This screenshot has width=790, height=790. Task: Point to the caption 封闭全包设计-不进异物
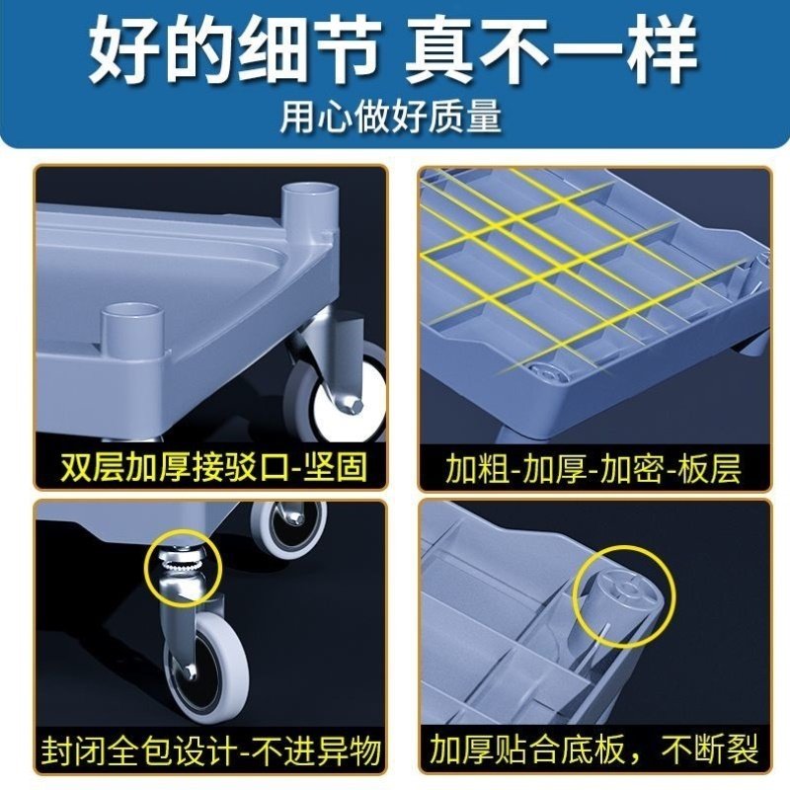211,751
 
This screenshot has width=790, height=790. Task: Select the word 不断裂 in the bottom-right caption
709,751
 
